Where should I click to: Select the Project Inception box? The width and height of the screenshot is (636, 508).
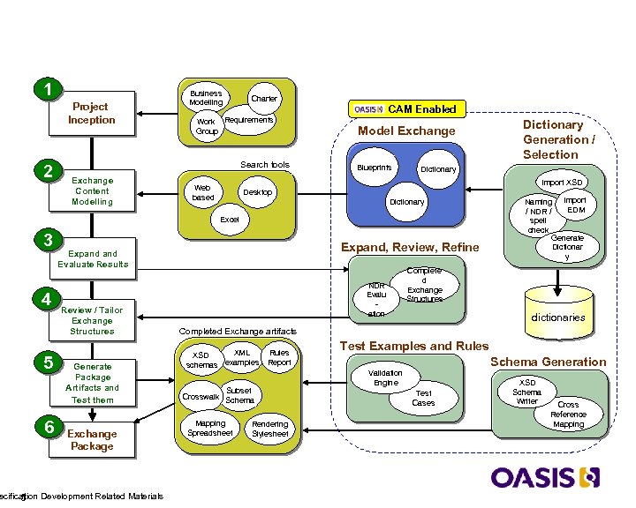click(92, 114)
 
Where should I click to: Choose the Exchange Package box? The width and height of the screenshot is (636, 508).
click(92, 439)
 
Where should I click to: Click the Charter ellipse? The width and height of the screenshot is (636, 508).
click(264, 99)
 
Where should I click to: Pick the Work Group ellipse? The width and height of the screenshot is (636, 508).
click(206, 127)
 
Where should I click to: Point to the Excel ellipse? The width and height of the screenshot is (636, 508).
click(230, 219)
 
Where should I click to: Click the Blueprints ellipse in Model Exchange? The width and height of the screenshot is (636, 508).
click(375, 168)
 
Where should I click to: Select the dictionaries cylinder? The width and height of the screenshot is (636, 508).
click(557, 312)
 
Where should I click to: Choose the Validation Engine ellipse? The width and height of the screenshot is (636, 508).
click(386, 378)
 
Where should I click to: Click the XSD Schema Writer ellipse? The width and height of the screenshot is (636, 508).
click(526, 392)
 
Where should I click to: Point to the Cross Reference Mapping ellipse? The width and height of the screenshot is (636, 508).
click(568, 414)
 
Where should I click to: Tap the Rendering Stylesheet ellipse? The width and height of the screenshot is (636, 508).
click(269, 429)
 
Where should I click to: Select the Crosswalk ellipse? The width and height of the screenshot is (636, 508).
click(201, 396)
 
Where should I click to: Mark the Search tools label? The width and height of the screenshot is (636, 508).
click(264, 165)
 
